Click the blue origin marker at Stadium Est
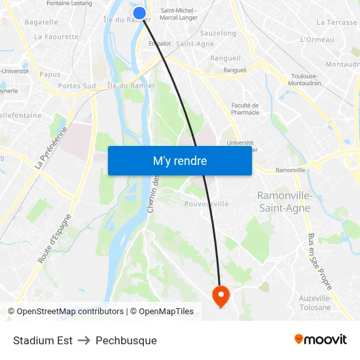pos(139,13)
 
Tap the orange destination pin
pos(221,296)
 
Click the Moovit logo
pos(320,340)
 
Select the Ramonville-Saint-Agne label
pos(284,202)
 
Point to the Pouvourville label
pos(207,204)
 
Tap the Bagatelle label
pos(41,22)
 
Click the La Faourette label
pos(56,37)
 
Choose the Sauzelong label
pos(218,33)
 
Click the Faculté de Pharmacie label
pos(245,109)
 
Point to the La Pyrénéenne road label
pos(51,148)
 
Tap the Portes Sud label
pos(77,86)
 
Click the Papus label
pos(50,75)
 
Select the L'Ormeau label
pos(317,39)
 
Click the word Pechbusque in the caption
pos(126,340)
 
